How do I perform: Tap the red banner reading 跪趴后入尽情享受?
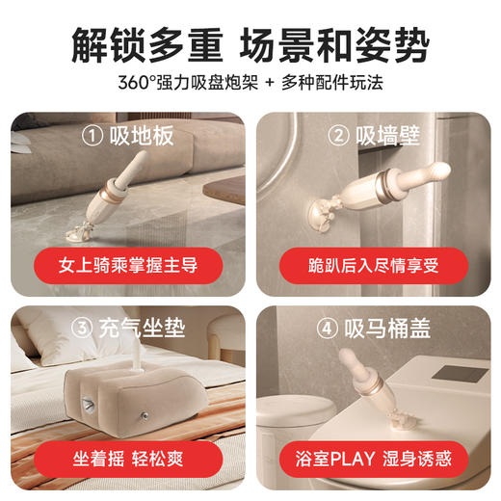pos(372,262)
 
